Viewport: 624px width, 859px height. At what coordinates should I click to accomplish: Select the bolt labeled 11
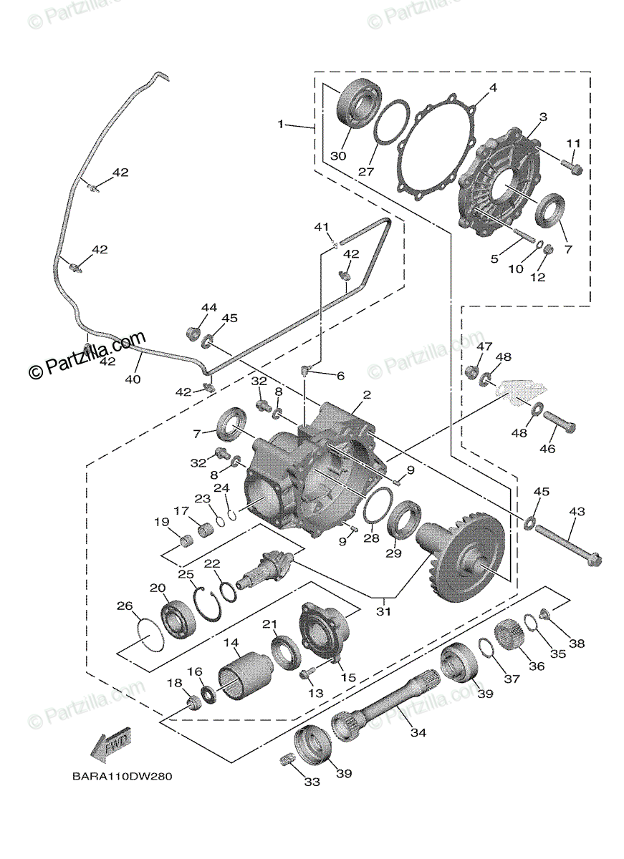(x=573, y=169)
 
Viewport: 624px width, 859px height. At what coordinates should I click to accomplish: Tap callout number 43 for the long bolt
(x=577, y=512)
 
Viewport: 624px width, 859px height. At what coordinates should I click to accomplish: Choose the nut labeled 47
(x=472, y=372)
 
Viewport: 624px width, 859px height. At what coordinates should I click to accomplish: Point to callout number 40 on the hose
(x=133, y=379)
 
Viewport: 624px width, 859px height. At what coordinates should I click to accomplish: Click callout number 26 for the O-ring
(x=125, y=606)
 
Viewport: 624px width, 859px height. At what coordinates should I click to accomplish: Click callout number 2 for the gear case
(x=366, y=394)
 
